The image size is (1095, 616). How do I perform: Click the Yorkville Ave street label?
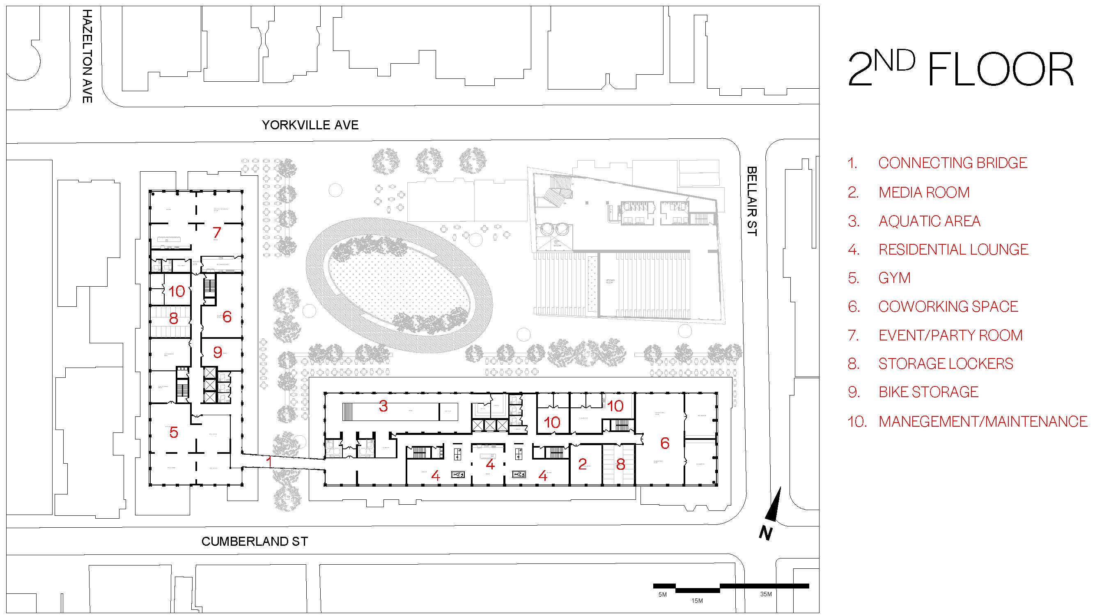310,125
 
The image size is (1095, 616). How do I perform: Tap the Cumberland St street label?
254,542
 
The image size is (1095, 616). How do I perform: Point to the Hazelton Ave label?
87,56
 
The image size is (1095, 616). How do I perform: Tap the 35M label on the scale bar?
766,594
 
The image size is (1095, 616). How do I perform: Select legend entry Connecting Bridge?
952,163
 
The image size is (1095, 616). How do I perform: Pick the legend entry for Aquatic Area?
929,221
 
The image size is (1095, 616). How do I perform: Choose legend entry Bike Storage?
928,392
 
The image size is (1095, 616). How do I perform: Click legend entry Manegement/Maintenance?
983,421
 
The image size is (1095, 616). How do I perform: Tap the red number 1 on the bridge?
269,461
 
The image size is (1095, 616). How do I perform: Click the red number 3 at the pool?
383,407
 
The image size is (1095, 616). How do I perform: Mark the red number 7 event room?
217,232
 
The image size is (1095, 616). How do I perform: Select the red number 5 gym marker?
173,432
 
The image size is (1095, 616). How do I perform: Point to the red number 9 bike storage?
217,352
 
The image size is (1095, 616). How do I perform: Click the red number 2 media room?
582,464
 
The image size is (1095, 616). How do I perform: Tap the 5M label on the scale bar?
662,594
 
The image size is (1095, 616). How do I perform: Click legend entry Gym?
894,278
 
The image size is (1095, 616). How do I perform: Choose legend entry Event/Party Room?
950,336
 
